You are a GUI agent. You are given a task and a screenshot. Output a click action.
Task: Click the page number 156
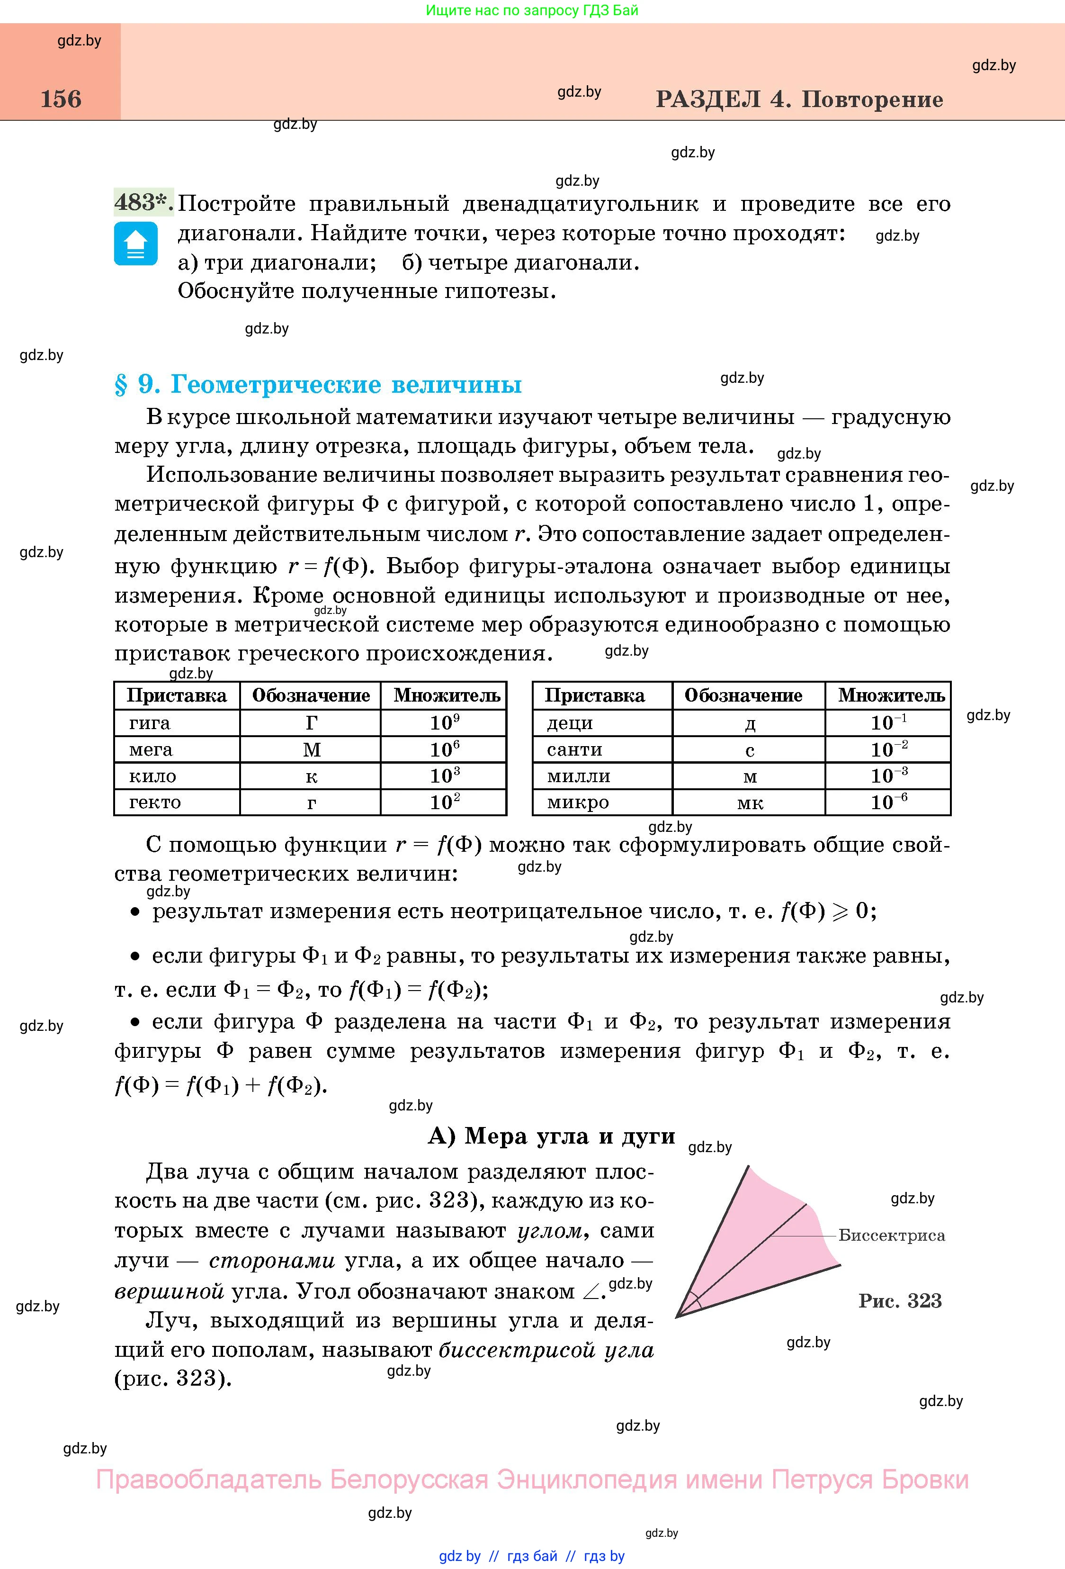(x=61, y=99)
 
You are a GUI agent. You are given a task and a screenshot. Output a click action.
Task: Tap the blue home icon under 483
(x=135, y=243)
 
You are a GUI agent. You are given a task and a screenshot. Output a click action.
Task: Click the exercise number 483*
(x=143, y=202)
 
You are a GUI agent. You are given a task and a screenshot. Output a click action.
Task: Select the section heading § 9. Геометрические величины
(x=318, y=384)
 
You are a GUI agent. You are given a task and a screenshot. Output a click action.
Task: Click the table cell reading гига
(x=150, y=723)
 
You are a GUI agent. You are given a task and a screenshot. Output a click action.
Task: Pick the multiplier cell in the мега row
(x=444, y=749)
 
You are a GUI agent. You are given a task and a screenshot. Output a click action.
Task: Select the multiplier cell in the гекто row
(x=444, y=802)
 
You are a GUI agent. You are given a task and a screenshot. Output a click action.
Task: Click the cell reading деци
(x=570, y=723)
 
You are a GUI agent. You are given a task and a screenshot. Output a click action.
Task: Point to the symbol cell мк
(x=749, y=803)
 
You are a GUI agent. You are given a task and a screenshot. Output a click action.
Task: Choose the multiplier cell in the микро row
(x=888, y=802)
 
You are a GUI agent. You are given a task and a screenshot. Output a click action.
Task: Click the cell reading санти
(x=574, y=749)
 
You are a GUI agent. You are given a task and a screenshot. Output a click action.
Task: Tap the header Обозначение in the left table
(x=311, y=695)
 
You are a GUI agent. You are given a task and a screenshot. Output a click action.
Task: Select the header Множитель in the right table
(x=891, y=695)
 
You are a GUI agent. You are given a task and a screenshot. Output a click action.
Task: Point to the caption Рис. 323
(x=900, y=1301)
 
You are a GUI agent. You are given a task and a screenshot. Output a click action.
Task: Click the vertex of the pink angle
(x=677, y=1316)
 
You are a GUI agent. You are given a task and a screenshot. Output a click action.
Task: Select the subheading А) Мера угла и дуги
(x=551, y=1136)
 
